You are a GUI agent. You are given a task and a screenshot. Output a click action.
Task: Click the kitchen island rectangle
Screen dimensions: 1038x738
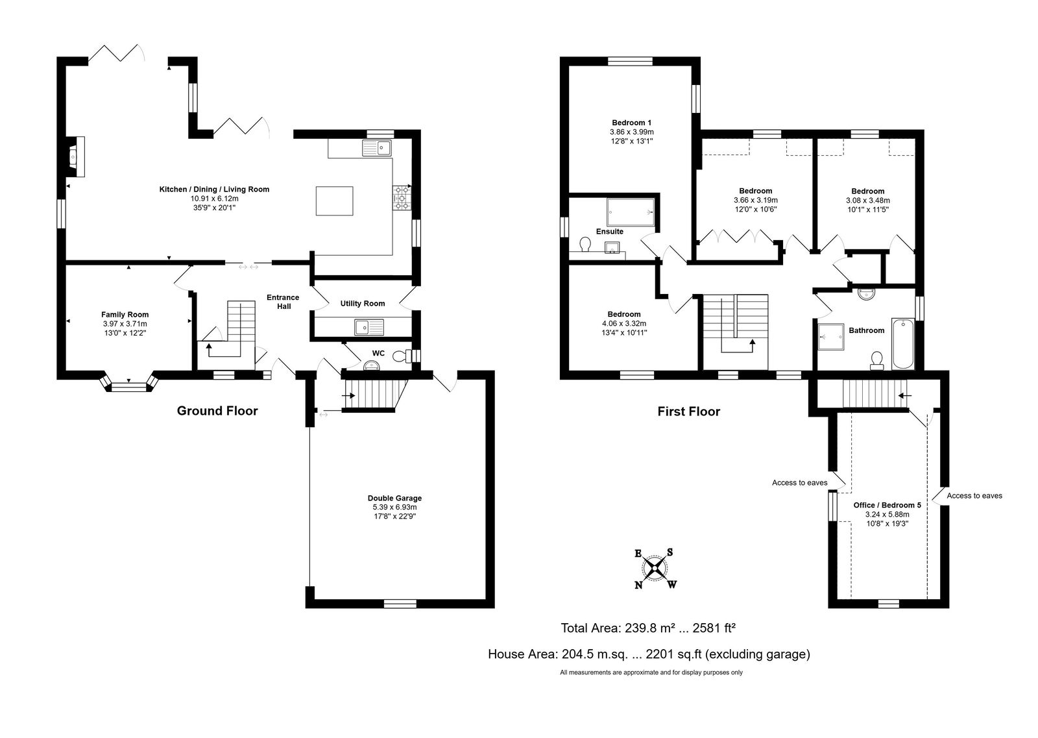pos(335,201)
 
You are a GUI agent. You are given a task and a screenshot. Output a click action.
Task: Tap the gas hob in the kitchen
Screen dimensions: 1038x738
pos(402,197)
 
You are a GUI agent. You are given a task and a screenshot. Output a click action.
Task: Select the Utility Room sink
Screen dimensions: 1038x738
pos(369,327)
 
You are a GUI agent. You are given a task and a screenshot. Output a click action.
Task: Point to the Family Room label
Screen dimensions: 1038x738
pos(125,315)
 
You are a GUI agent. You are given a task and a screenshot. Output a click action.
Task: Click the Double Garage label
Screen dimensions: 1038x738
pos(395,498)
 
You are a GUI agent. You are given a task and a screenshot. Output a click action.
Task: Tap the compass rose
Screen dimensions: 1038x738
pos(655,568)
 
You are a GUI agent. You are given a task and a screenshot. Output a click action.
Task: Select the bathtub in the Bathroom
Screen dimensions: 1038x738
pos(903,343)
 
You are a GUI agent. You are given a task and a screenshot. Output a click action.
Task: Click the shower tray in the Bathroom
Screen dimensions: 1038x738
pos(831,337)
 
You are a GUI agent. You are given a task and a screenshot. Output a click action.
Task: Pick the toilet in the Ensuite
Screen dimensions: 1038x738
pos(585,244)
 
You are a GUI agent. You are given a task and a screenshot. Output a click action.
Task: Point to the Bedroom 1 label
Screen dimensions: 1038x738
pos(632,123)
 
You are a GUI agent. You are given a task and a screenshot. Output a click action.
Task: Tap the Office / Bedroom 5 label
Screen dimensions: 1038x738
pos(887,505)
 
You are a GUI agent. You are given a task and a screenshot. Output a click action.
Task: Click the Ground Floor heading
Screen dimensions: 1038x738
pos(217,411)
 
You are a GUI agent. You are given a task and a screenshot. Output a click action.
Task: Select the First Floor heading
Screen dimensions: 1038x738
pos(689,412)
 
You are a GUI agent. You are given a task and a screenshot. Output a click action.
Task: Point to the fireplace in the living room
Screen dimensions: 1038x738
pos(75,156)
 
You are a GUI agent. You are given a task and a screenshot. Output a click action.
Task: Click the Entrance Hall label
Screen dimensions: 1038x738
pos(283,302)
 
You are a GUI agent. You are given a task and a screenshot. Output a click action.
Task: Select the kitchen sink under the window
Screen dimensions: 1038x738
pos(377,148)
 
